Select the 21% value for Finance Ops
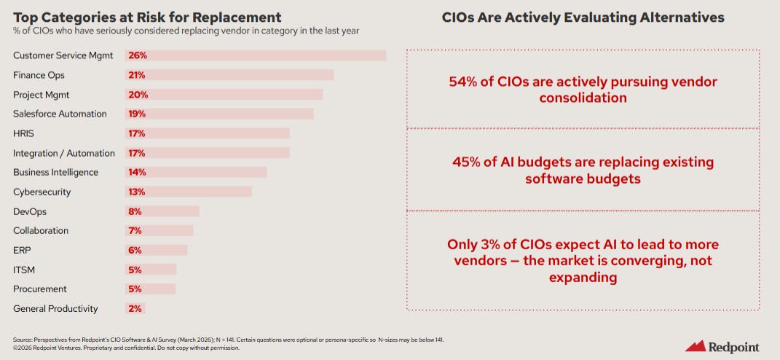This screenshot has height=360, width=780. point(137,75)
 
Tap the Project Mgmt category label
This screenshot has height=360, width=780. point(42,95)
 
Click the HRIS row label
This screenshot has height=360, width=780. point(23,133)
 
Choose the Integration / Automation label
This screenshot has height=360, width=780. point(64,153)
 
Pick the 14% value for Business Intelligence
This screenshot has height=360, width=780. point(137,173)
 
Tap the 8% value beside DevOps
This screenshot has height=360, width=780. point(135,211)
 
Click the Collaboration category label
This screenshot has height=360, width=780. point(41,230)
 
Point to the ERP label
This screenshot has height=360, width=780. point(22,250)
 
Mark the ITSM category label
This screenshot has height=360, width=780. point(24,270)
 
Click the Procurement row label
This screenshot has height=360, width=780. point(40,289)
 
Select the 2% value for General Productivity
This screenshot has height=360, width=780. point(135,309)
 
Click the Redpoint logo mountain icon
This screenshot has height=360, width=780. point(696,346)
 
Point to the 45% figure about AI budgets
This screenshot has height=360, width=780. point(467,162)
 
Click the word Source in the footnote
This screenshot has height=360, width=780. point(23,340)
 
